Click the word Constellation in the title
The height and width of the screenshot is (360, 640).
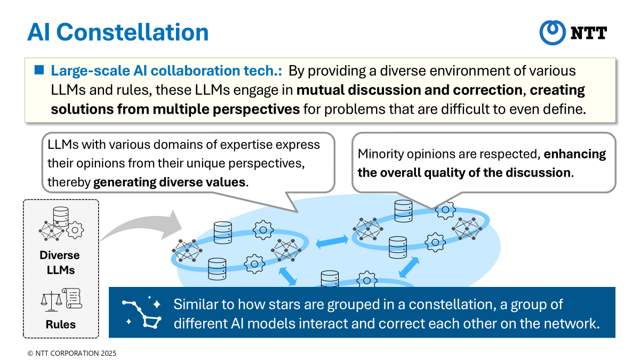(132, 33)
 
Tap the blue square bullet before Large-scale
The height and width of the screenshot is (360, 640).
(39, 70)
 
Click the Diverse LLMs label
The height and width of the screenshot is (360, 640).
(60, 262)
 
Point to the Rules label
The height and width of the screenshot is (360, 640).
(61, 324)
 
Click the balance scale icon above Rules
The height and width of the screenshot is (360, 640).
(51, 301)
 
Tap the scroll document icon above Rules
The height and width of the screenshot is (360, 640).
(73, 298)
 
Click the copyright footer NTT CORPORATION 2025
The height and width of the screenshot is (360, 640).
(71, 353)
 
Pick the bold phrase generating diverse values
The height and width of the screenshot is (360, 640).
(169, 182)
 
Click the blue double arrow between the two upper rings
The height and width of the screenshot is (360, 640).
(332, 242)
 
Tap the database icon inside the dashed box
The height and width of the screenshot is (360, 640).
(61, 217)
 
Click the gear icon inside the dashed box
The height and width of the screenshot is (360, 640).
(75, 230)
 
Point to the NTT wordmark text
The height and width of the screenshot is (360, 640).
(589, 33)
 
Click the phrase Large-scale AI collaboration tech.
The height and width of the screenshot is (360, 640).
(166, 70)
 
